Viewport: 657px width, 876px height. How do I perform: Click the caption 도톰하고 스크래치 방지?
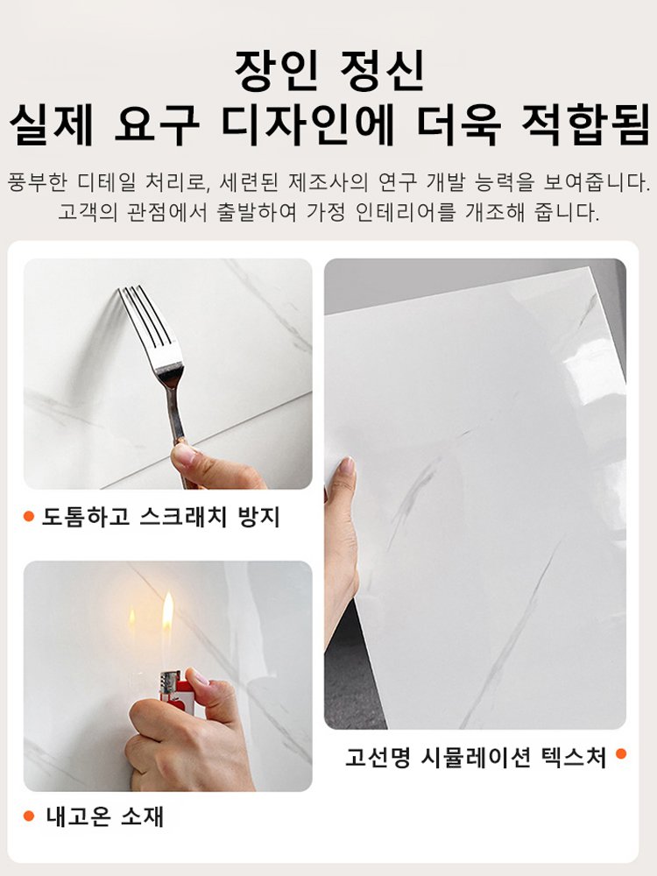click(x=161, y=517)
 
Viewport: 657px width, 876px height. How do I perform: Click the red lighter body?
click(x=170, y=692)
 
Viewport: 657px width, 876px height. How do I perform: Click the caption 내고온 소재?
click(x=105, y=816)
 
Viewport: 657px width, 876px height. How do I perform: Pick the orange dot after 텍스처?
click(x=621, y=753)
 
